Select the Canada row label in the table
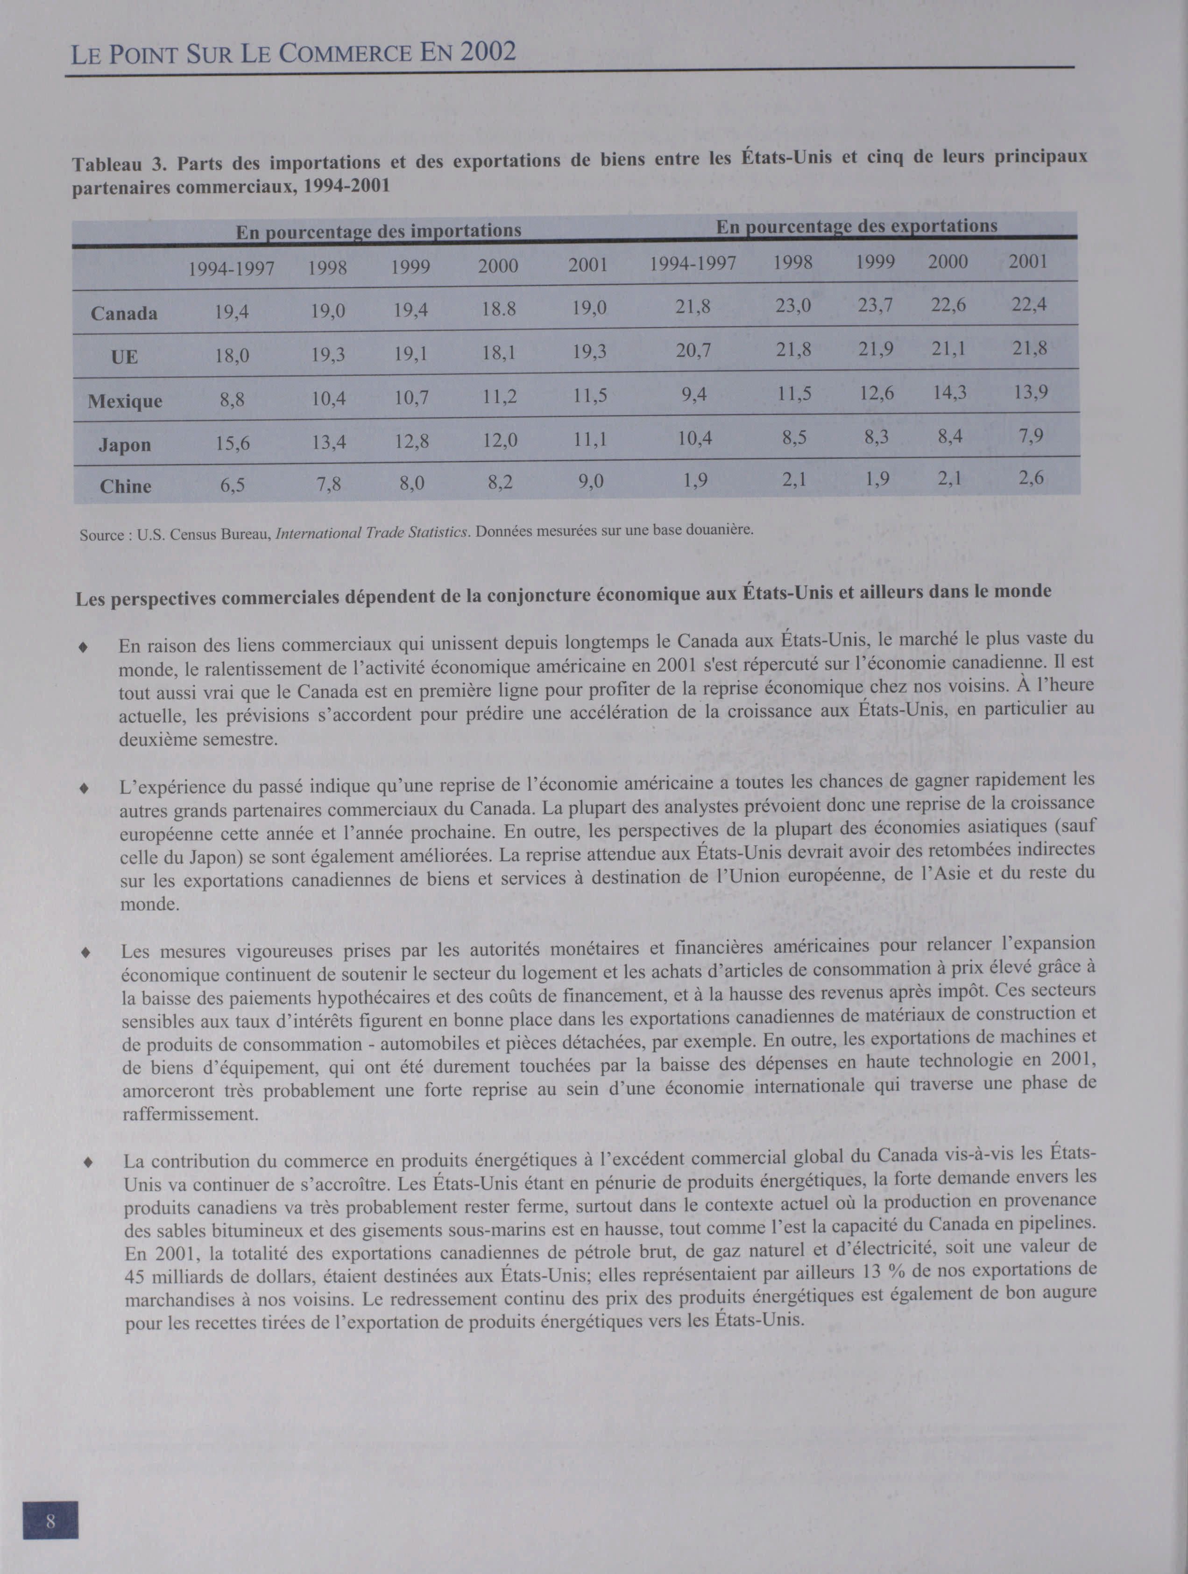(x=124, y=313)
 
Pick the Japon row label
(x=125, y=445)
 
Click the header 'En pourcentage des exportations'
(x=856, y=226)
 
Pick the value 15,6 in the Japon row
(x=233, y=444)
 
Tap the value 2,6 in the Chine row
(x=1031, y=478)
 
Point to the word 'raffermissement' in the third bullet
(x=190, y=1114)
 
